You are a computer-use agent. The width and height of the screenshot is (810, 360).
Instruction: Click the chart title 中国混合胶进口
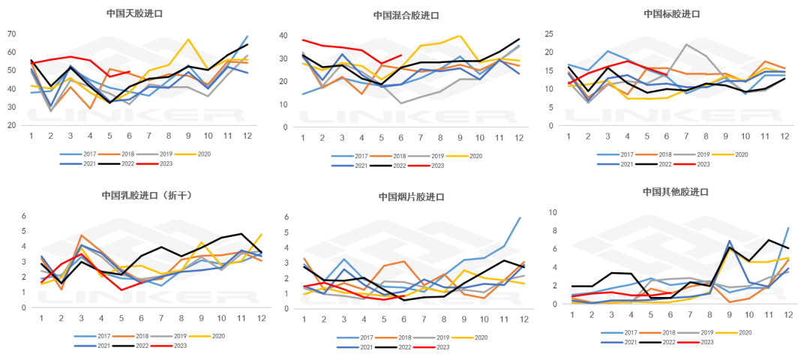coord(406,15)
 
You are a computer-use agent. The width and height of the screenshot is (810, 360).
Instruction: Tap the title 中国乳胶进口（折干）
coord(140,196)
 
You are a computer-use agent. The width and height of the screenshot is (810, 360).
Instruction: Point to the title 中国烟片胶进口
coord(411,196)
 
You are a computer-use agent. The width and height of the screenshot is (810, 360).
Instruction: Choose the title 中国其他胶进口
coord(671,191)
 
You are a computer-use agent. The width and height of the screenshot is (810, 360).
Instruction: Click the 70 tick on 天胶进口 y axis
coord(12,34)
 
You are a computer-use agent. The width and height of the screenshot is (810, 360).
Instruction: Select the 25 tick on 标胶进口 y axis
coord(548,34)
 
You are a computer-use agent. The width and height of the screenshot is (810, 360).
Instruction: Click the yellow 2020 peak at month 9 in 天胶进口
coord(188,39)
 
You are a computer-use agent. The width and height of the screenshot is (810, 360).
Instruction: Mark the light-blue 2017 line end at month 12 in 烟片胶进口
coord(520,217)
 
